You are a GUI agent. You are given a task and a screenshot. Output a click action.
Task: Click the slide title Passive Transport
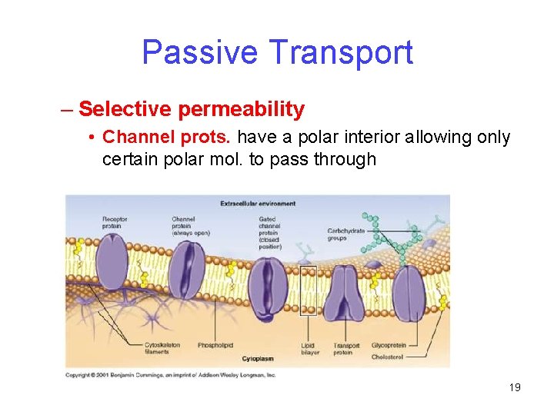277,52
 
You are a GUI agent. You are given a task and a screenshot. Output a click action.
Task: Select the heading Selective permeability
191,109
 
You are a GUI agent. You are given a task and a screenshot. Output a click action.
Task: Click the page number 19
515,387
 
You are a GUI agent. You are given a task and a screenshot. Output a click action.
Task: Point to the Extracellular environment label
258,204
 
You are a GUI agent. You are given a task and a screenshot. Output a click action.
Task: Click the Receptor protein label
115,223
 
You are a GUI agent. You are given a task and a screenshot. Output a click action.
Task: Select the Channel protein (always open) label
189,226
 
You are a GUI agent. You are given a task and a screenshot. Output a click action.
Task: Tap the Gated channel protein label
270,231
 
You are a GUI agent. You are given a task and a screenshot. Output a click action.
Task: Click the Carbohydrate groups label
345,234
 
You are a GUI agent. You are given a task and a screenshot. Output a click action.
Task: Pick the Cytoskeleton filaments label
162,348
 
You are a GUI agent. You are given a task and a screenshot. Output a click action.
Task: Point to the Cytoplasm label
257,358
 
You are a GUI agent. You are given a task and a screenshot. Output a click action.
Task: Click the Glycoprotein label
389,346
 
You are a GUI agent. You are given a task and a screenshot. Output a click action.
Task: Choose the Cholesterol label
387,357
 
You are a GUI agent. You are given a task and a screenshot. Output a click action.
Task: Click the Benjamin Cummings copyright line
170,374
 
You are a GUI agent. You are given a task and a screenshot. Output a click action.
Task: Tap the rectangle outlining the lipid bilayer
308,290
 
